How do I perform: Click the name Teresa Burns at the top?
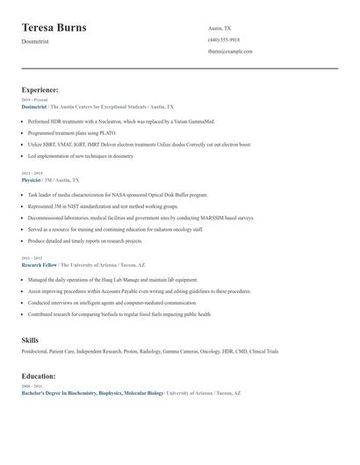[54, 28]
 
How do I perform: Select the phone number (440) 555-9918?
[223, 39]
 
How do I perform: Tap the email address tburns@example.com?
[230, 51]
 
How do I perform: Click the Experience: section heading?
[40, 89]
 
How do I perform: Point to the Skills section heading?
[30, 340]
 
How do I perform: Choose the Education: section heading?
[40, 376]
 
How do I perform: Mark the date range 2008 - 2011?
[32, 386]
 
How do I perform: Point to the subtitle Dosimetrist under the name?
[35, 42]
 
